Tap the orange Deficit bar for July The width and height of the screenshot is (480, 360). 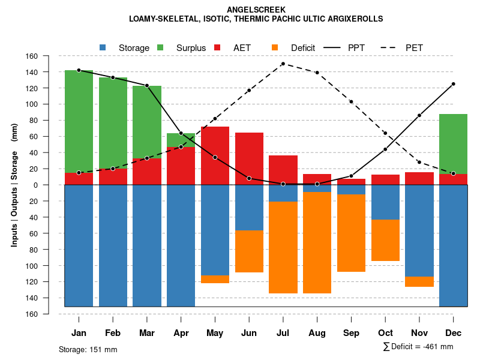tap(283, 247)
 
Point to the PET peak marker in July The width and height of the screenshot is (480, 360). tap(283, 64)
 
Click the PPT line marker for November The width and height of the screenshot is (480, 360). tap(419, 115)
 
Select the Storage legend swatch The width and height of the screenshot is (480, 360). tap(103, 47)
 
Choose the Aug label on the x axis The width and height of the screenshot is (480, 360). tap(317, 333)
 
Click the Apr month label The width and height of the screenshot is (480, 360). tap(181, 333)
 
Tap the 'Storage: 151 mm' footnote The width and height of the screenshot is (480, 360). tap(88, 349)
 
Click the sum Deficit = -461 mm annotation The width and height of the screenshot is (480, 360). tap(418, 347)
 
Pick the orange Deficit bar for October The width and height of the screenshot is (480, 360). tap(385, 240)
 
